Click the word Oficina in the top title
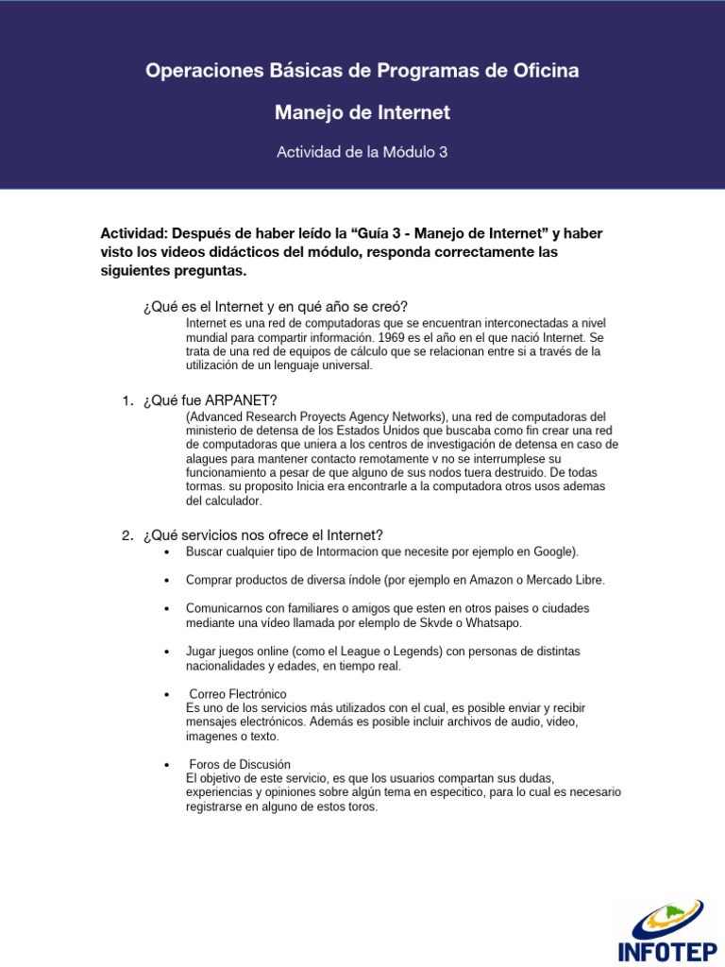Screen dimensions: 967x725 537,71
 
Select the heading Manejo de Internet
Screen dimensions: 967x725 362,113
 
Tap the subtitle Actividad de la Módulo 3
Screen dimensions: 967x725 362,151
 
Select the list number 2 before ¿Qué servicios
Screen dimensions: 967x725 127,535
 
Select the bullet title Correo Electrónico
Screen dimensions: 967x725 238,694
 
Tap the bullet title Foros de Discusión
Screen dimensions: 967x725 240,764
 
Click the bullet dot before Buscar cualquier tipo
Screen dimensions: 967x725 166,552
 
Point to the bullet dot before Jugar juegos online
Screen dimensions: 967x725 166,653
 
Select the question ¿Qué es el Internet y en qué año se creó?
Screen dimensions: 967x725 276,306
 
